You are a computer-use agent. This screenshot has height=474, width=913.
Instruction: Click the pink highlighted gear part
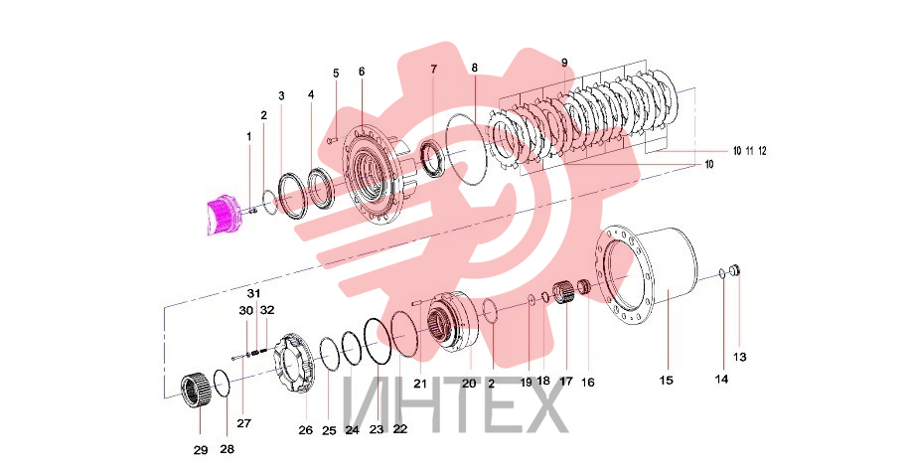point(223,215)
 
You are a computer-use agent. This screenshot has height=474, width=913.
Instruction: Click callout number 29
point(201,450)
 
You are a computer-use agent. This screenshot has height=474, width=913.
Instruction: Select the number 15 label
point(666,381)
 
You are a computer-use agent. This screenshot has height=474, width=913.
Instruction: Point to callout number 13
point(739,357)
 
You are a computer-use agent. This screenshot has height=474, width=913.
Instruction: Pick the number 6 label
point(362,72)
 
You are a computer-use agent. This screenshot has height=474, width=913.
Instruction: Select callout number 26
point(306,430)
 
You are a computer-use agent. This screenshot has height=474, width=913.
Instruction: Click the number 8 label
point(475,69)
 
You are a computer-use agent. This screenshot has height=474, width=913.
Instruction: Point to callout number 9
point(564,63)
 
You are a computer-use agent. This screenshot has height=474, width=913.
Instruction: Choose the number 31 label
point(253,293)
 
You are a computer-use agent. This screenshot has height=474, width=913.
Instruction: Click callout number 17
point(566,382)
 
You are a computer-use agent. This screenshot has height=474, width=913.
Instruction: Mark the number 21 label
point(420,384)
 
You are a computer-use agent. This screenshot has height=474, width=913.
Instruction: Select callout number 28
point(228,449)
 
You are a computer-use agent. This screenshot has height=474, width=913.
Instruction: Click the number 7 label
point(433,70)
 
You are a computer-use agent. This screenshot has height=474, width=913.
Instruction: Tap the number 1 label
point(249,137)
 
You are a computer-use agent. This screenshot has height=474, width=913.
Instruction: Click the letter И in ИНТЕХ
point(365,403)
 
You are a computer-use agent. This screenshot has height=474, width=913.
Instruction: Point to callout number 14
point(721,380)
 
